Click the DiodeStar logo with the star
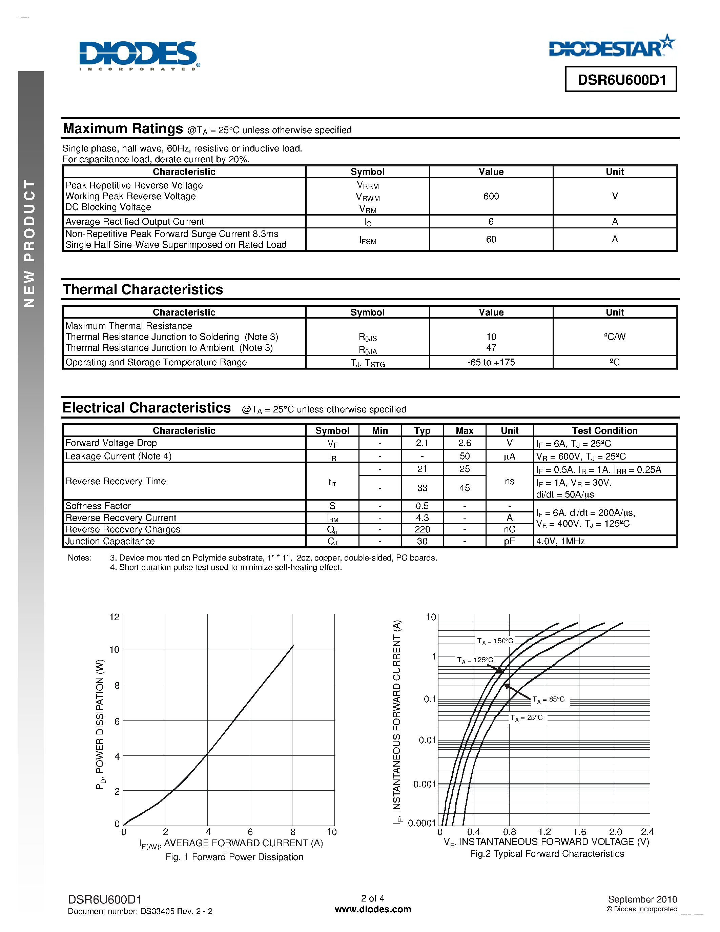(612, 47)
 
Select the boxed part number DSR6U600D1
(621, 80)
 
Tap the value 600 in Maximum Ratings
(491, 196)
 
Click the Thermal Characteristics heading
(143, 290)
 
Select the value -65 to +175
(491, 362)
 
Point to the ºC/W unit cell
(614, 337)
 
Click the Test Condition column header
(604, 430)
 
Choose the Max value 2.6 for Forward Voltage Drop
(465, 443)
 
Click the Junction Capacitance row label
(110, 541)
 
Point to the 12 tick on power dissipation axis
(114, 617)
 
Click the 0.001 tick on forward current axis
(425, 784)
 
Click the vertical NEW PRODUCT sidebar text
(29, 243)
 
